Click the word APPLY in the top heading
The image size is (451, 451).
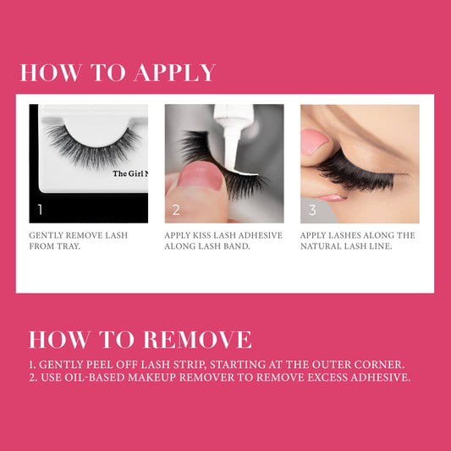[x=175, y=72]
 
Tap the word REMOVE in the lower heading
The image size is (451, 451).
[x=198, y=339]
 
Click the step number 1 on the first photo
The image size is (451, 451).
[x=40, y=209]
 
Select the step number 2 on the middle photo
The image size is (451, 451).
[x=176, y=210]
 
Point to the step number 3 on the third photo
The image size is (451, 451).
[x=312, y=210]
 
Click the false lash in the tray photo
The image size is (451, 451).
[x=93, y=146]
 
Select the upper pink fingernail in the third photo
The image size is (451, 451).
[x=313, y=142]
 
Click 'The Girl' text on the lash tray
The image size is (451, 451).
[x=129, y=173]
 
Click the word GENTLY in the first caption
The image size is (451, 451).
[x=46, y=235]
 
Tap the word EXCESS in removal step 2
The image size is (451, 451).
[x=327, y=377]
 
